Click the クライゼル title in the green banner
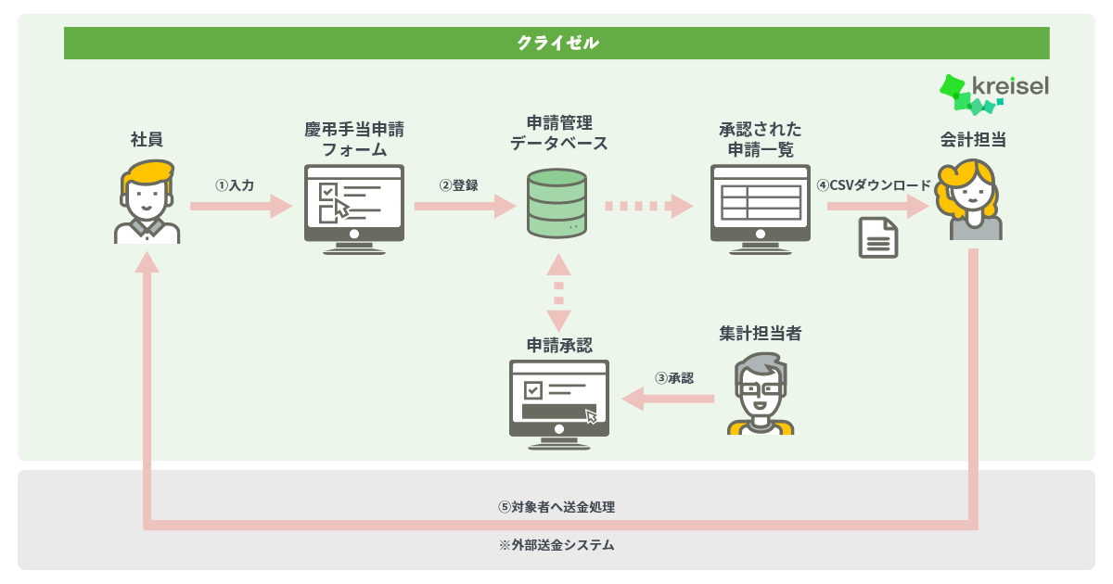pos(557,43)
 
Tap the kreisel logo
pos(994,95)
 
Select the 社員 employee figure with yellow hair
pos(147,202)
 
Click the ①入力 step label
pos(235,185)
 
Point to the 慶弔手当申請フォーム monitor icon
pos(354,209)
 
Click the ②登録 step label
pos(458,185)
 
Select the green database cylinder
pos(557,203)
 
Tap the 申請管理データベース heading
pos(559,133)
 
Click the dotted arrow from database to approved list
pos(649,206)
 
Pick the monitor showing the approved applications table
pos(761,209)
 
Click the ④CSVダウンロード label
pos(874,185)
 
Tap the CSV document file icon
pos(878,238)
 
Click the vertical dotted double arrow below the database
pos(558,293)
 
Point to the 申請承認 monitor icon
pos(559,405)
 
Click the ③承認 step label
pos(674,378)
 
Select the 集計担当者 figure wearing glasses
pos(761,394)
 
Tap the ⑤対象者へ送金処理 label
pos(556,507)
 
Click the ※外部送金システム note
pos(556,545)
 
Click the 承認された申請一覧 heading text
pos(761,140)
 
